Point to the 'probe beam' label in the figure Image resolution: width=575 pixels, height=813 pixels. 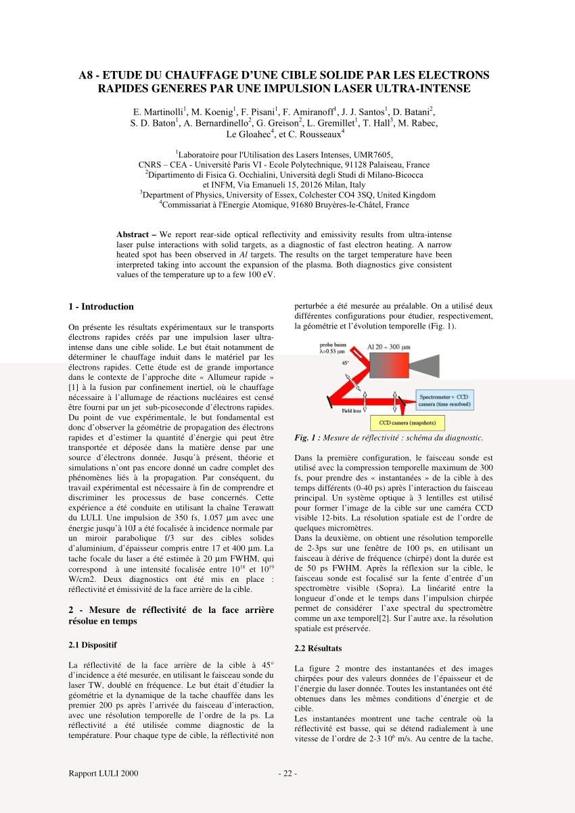(x=333, y=345)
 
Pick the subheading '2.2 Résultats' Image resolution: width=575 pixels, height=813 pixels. (x=319, y=648)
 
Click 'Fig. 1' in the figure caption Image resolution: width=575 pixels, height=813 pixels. (x=306, y=438)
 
